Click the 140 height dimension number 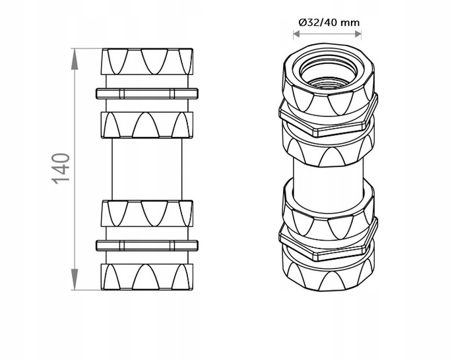point(61,169)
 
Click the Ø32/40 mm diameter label point(329,22)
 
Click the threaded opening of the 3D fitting point(328,72)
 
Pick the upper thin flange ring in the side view point(146,92)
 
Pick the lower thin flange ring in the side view point(146,245)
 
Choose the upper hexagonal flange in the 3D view point(328,119)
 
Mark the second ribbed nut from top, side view point(146,123)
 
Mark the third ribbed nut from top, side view point(146,212)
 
